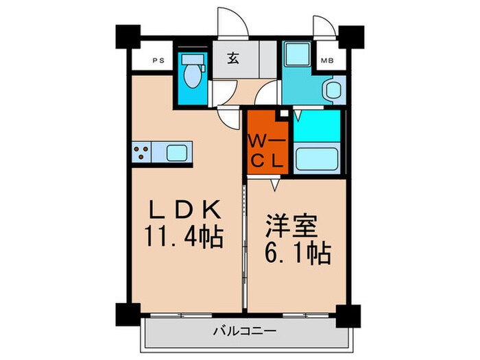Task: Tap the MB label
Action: [x=328, y=60]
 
